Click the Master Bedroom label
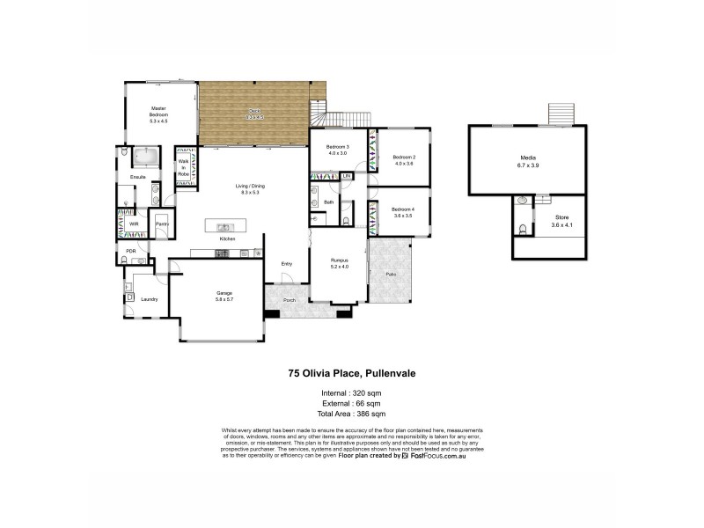click(158, 112)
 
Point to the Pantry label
click(162, 224)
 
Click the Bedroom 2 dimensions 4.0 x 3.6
click(404, 164)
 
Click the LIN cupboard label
click(347, 176)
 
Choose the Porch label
click(289, 301)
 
